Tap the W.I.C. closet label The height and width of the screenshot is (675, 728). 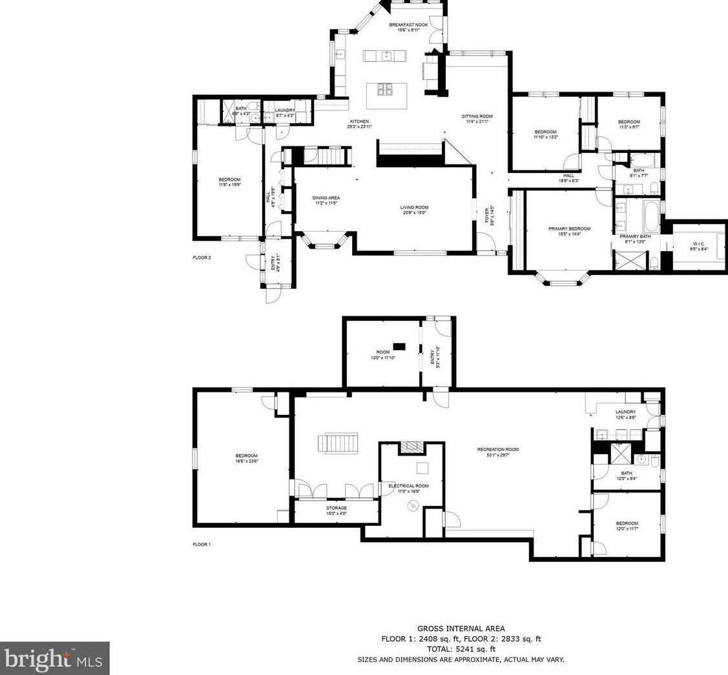pos(698,246)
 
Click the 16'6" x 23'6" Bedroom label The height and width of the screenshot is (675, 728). pos(246,458)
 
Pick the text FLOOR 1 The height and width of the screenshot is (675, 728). pos(202,545)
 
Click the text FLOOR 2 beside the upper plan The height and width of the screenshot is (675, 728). pos(202,257)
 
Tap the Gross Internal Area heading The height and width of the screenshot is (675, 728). pos(461,629)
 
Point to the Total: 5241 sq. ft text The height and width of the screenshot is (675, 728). pos(461,649)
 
